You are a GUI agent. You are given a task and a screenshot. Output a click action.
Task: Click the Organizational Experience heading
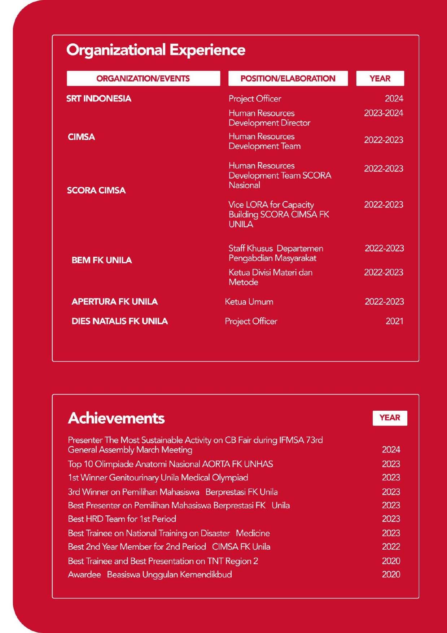[156, 50]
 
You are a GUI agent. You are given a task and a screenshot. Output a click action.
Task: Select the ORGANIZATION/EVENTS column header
[143, 78]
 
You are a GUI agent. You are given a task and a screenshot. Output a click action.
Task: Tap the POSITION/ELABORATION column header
[288, 78]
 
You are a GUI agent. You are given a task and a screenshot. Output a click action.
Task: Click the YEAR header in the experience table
[380, 78]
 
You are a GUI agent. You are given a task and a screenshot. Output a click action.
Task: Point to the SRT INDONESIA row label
[98, 99]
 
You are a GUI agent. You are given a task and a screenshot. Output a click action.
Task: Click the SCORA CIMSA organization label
[96, 190]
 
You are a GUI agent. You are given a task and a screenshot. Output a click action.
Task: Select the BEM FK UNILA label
[102, 260]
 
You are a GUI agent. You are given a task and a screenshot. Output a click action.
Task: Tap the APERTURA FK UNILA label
[114, 301]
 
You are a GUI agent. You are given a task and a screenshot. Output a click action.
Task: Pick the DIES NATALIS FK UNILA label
[119, 321]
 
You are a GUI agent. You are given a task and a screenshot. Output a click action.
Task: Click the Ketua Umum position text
[249, 301]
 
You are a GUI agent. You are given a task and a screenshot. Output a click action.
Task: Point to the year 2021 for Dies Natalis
[394, 321]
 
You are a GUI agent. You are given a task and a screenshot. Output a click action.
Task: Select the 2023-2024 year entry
[384, 113]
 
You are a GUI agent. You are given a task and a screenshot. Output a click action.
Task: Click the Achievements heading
[116, 418]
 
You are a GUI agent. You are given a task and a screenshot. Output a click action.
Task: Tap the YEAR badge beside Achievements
[390, 418]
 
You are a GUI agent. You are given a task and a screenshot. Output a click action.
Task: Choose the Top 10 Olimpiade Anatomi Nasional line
[170, 464]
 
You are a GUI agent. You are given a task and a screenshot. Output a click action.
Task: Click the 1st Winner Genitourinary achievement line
[158, 477]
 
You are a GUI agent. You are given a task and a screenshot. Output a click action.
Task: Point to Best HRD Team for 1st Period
[122, 519]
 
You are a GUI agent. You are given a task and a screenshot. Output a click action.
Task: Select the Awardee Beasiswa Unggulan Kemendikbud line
[150, 574]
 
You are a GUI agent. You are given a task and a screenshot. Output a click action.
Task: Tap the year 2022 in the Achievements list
[391, 546]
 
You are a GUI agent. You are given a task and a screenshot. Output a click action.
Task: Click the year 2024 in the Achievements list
[391, 449]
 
